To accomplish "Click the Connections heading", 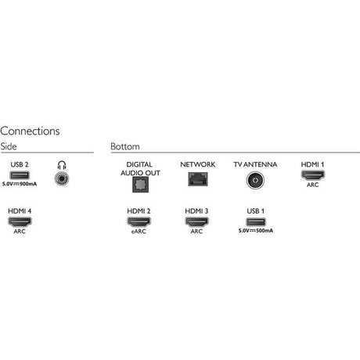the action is tap(30, 131).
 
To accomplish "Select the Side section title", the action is tap(9, 146).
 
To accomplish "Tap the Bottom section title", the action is tap(125, 146).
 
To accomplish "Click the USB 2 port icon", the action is tap(20, 175).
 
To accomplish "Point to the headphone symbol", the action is tap(62, 165).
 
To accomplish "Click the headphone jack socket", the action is tap(62, 178).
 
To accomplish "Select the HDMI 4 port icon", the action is tap(20, 221).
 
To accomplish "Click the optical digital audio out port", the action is tap(140, 185).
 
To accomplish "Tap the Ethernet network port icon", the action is tap(198, 179).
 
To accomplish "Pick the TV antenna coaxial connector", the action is tap(255, 180).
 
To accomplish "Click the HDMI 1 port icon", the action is tap(312, 175).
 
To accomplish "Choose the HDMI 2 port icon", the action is tap(139, 221).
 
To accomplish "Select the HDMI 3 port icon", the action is tap(196, 221).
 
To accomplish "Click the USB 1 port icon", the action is tap(256, 222).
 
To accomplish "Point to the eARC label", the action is tap(139, 232).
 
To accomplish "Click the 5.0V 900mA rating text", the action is tap(20, 184).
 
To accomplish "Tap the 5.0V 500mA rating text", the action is tap(256, 231).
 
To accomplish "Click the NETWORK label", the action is tap(198, 164).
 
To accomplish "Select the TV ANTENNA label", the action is tap(255, 164).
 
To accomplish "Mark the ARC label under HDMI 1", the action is tap(312, 185).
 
